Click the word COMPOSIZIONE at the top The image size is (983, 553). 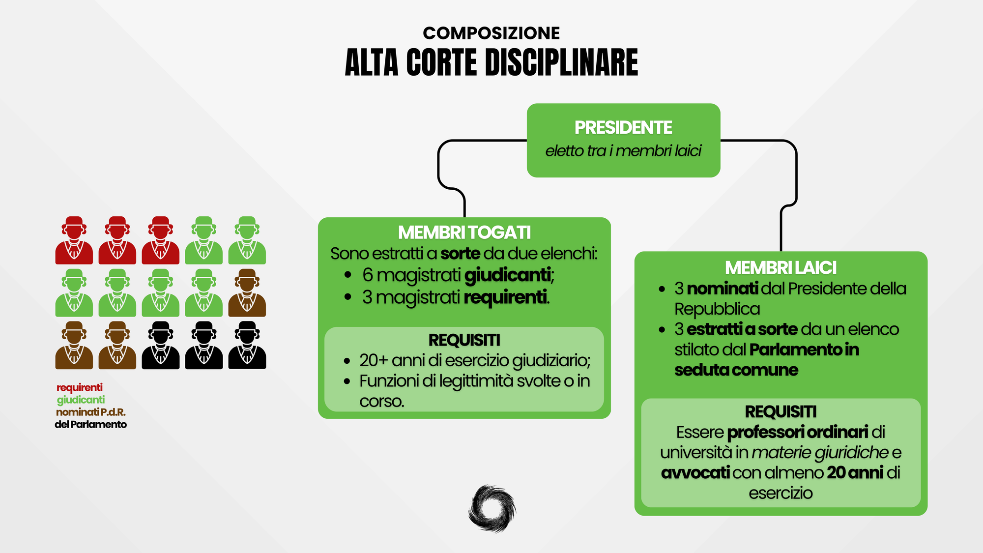pyautogui.click(x=491, y=33)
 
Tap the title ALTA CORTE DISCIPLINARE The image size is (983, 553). pyautogui.click(x=491, y=63)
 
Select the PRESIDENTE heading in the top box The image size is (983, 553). pyautogui.click(x=623, y=128)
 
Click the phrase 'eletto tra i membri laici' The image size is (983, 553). pyautogui.click(x=623, y=151)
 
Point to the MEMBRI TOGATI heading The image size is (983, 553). pyautogui.click(x=464, y=233)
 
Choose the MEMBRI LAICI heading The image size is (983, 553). pyautogui.click(x=781, y=268)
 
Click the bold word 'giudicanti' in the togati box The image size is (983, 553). pyautogui.click(x=507, y=275)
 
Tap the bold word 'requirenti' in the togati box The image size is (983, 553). pyautogui.click(x=505, y=297)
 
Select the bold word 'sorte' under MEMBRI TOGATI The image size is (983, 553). pyautogui.click(x=460, y=254)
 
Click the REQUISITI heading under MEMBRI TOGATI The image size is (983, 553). pyautogui.click(x=464, y=340)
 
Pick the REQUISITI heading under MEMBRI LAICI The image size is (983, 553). pyautogui.click(x=781, y=412)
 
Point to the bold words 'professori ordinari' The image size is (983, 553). pyautogui.click(x=797, y=433)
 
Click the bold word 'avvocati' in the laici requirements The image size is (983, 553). pyautogui.click(x=695, y=473)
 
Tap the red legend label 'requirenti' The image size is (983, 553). pyautogui.click(x=80, y=388)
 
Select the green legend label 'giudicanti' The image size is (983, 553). pyautogui.click(x=81, y=400)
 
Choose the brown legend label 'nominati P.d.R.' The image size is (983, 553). pyautogui.click(x=90, y=412)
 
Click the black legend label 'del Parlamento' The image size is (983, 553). pyautogui.click(x=90, y=425)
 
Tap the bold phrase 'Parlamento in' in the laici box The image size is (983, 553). pyautogui.click(x=804, y=350)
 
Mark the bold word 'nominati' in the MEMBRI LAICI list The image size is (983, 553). pyautogui.click(x=722, y=289)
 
